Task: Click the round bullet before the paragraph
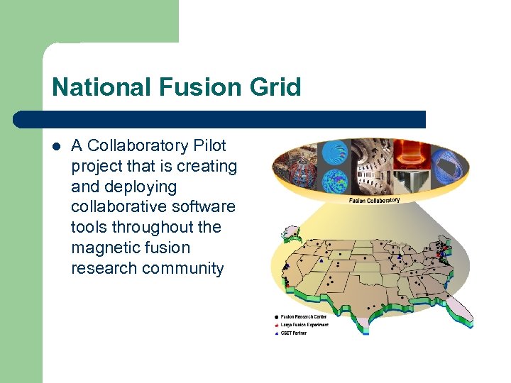pyautogui.click(x=56, y=147)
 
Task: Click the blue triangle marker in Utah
pyautogui.click(x=321, y=260)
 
